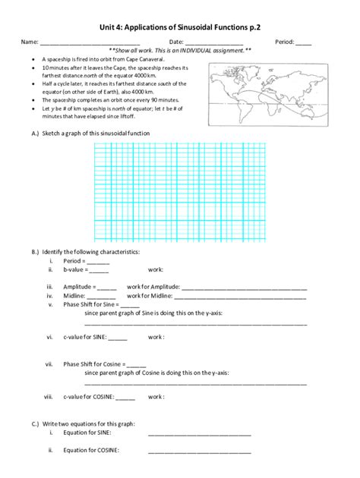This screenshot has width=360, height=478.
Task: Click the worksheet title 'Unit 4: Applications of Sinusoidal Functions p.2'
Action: tap(180, 26)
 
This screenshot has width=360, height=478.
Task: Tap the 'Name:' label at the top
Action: tap(30, 42)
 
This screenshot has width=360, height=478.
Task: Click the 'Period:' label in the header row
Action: tap(285, 42)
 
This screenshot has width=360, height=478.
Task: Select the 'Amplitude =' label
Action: tap(79, 288)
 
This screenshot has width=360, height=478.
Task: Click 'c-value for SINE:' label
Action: tap(84, 338)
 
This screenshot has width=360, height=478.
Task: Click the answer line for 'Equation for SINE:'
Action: tap(199, 435)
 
